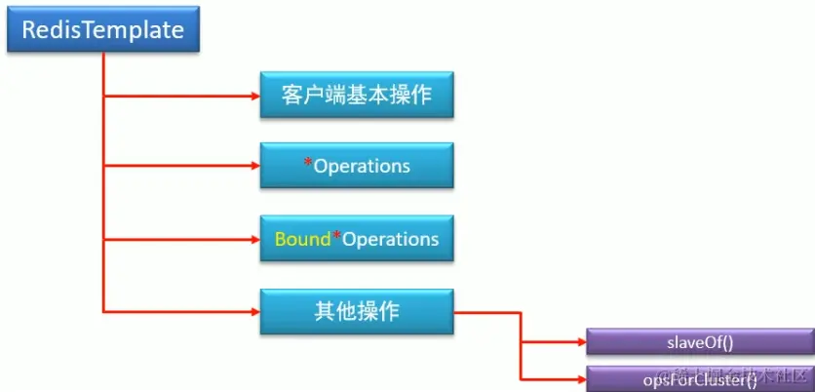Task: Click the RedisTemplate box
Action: point(103,31)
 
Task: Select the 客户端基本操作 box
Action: point(357,96)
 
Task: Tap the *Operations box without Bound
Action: point(357,166)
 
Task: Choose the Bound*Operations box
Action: point(357,239)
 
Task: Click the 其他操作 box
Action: point(357,312)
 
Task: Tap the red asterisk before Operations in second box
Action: point(308,164)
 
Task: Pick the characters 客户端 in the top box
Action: point(318,96)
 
